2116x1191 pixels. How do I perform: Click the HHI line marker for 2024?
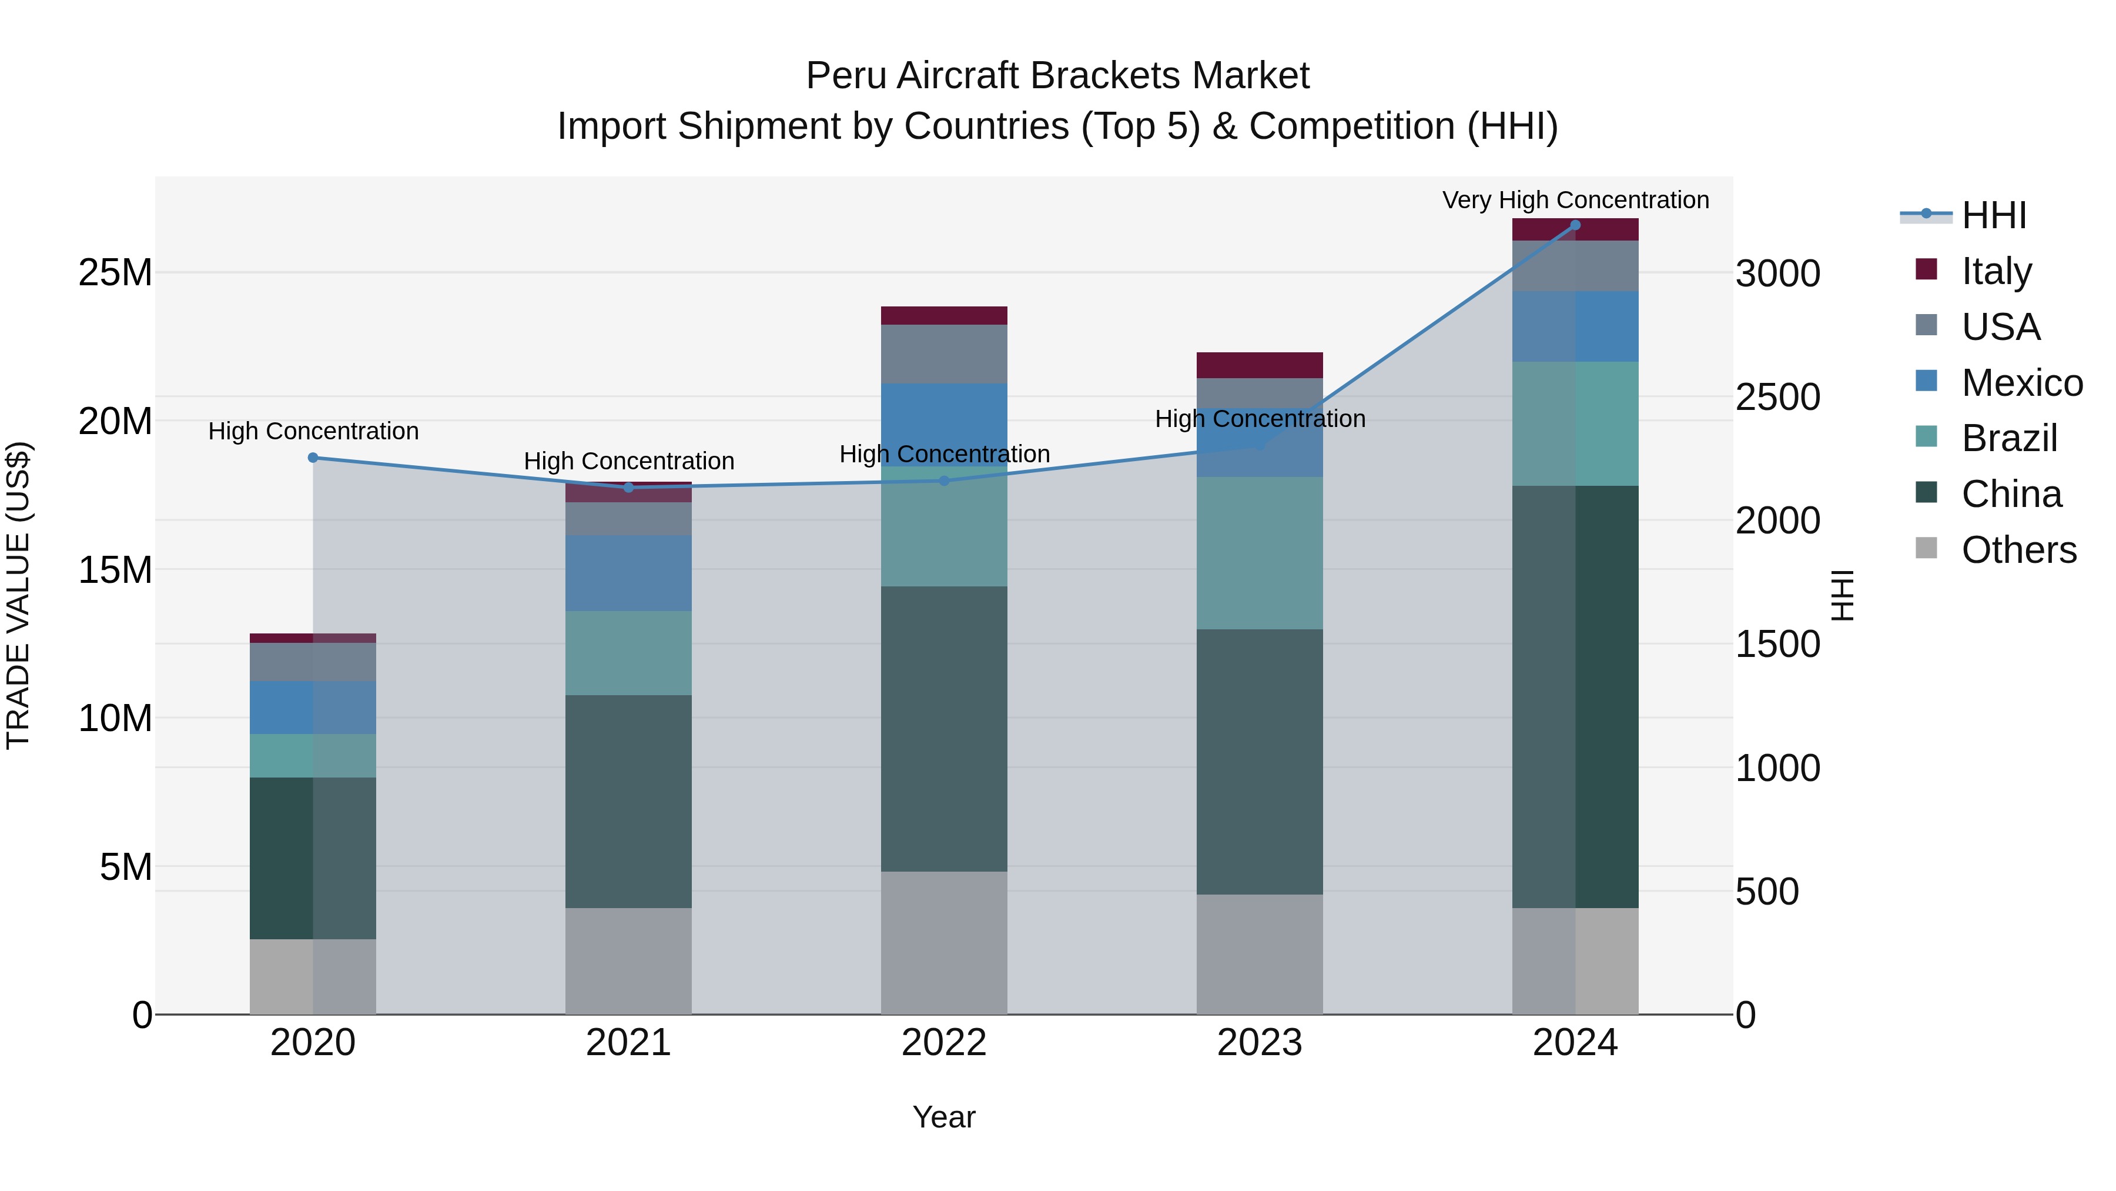point(1575,225)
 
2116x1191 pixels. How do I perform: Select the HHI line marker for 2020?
point(313,458)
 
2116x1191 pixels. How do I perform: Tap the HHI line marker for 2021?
point(628,488)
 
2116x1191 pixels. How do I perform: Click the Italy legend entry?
point(1996,271)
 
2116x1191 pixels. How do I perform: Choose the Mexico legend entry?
point(2021,383)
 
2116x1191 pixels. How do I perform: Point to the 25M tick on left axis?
point(115,273)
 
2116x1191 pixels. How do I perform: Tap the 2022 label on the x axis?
point(944,1043)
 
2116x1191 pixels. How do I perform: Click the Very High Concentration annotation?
point(1575,200)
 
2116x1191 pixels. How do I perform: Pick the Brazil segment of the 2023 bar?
point(1259,553)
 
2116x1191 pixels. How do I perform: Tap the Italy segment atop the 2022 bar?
point(944,316)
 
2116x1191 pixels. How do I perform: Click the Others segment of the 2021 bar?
point(628,961)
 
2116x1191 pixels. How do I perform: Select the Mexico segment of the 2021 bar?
point(628,573)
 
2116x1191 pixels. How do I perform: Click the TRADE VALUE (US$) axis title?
point(18,595)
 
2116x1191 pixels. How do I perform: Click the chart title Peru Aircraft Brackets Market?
point(1057,76)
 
